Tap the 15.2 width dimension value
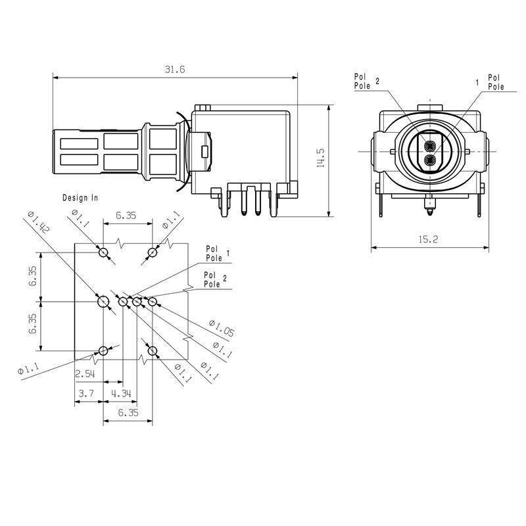(427, 240)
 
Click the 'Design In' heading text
(80, 197)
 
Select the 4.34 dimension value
(121, 393)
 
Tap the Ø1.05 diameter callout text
(221, 328)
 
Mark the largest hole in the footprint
(103, 302)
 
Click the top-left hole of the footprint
(103, 252)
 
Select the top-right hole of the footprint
(153, 252)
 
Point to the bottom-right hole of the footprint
(153, 350)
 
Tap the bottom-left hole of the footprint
(103, 350)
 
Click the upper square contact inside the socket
(429, 145)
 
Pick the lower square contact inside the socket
(429, 160)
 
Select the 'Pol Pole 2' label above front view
(366, 81)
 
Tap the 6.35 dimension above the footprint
(127, 215)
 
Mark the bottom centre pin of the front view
(429, 209)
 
